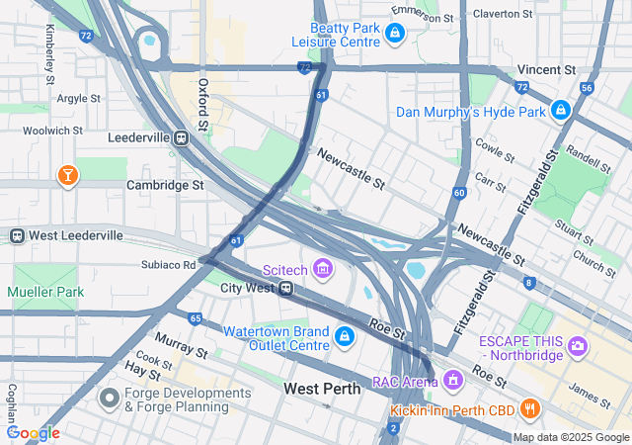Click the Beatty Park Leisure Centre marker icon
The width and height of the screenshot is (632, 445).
[x=394, y=35]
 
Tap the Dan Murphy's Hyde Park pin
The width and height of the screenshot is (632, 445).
[x=561, y=109]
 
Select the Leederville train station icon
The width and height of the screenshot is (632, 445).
[x=181, y=139]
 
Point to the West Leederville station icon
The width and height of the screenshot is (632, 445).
[x=17, y=235]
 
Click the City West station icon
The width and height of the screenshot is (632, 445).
[x=284, y=288]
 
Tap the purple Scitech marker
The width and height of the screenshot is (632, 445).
[x=322, y=267]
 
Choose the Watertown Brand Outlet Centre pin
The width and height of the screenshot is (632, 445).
[x=344, y=337]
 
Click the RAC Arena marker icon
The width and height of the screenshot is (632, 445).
[x=452, y=379]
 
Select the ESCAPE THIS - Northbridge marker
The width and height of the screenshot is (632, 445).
[x=579, y=346]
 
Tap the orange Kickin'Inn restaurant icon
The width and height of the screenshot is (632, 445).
[x=529, y=407]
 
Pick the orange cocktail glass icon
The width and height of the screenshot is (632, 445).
[x=67, y=176]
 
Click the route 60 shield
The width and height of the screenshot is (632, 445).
[x=460, y=192]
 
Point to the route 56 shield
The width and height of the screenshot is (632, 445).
[x=587, y=88]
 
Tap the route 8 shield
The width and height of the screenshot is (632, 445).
[x=529, y=284]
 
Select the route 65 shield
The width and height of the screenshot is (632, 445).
[x=196, y=318]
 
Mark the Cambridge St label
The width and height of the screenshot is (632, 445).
[x=165, y=184]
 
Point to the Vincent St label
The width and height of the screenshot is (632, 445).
[x=546, y=70]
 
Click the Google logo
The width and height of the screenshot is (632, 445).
[x=33, y=432]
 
